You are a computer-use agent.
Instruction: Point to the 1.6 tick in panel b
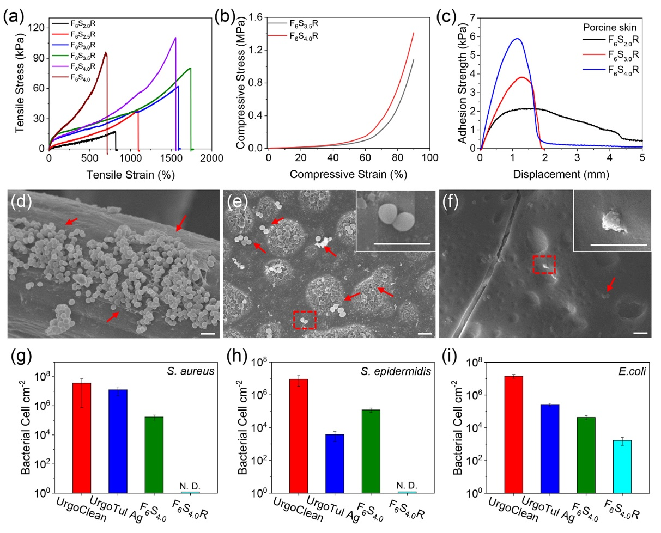coord(253,17)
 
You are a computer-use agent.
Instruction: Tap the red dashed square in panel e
coord(305,320)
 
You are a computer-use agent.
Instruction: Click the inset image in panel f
coord(612,220)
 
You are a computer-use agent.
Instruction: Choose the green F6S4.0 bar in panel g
coord(155,455)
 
